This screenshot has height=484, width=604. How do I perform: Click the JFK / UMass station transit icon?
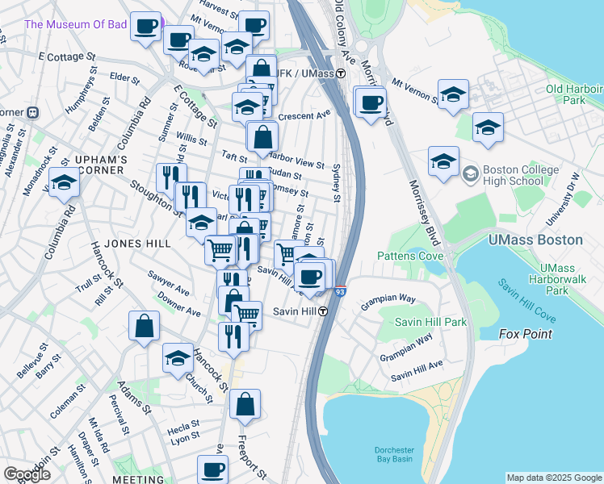pyautogui.click(x=342, y=73)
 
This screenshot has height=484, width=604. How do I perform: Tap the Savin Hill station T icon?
pyautogui.click(x=322, y=311)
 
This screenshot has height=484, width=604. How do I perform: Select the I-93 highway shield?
pyautogui.click(x=340, y=291)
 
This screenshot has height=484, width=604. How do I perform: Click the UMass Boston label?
pyautogui.click(x=535, y=240)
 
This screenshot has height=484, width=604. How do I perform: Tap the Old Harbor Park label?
pyautogui.click(x=576, y=94)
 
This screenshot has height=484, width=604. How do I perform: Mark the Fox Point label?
pyautogui.click(x=525, y=333)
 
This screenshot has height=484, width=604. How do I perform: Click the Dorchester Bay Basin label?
pyautogui.click(x=393, y=455)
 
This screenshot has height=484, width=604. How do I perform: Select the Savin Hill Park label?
pyautogui.click(x=430, y=322)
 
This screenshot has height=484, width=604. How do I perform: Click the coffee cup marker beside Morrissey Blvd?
pyautogui.click(x=371, y=103)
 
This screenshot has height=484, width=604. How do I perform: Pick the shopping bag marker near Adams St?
pyautogui.click(x=144, y=327)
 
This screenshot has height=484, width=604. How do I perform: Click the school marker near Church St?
pyautogui.click(x=178, y=358)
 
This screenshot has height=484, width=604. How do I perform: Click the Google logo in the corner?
pyautogui.click(x=27, y=474)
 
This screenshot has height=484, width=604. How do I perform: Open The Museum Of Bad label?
pyautogui.click(x=76, y=24)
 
